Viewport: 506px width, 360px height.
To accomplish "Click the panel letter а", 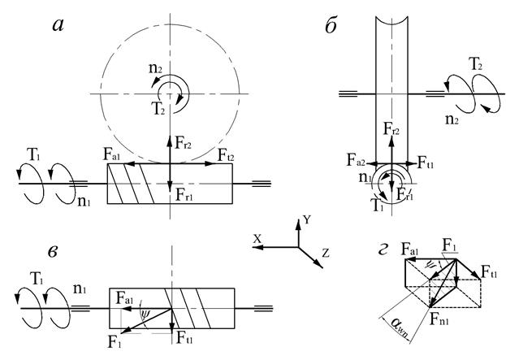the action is (58, 25).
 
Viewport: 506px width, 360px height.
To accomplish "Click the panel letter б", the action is (331, 25).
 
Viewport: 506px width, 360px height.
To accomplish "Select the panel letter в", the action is (53, 251).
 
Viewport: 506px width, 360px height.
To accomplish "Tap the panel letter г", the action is (383, 250).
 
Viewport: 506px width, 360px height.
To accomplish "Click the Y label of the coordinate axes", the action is (307, 220).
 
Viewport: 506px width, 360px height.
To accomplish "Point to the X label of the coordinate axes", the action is (257, 239).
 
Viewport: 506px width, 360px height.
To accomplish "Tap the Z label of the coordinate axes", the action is (326, 253).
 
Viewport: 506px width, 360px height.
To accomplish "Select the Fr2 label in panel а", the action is (184, 142).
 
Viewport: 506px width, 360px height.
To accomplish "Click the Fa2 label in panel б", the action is (356, 160).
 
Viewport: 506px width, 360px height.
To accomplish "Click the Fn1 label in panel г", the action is (439, 319).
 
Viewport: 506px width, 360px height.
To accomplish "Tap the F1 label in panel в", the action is (115, 342).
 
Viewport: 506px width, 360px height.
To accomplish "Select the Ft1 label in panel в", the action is (184, 338).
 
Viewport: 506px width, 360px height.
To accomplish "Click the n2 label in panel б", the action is (452, 119).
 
